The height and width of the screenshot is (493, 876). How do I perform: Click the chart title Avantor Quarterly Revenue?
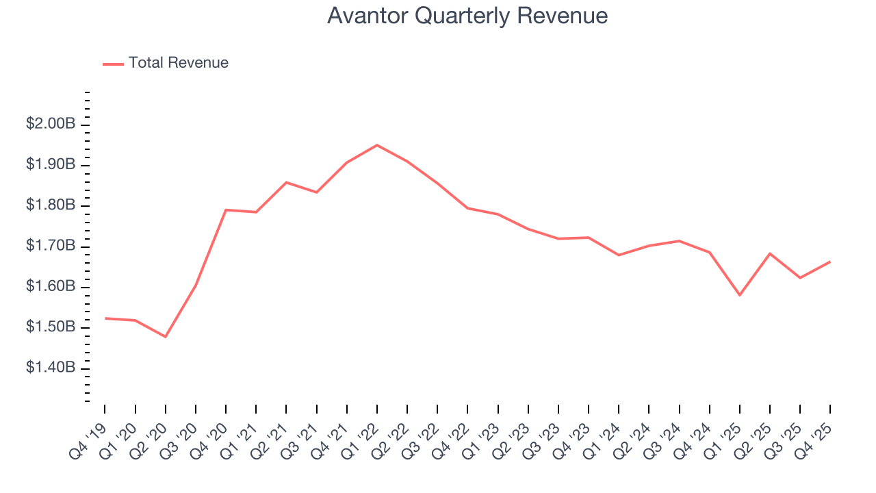click(x=467, y=16)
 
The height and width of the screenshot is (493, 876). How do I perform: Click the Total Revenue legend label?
click(x=178, y=63)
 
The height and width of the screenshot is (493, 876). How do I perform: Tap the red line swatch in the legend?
click(x=113, y=64)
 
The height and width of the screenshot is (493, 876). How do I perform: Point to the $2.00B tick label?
click(x=51, y=125)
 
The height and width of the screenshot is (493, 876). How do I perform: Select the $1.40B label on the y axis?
click(x=51, y=368)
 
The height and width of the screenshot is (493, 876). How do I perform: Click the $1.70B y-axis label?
click(x=51, y=246)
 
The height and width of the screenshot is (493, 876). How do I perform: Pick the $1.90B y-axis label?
click(x=51, y=165)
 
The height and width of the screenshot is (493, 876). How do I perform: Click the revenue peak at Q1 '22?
click(x=377, y=145)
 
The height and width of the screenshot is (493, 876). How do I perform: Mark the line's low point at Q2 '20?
click(x=166, y=337)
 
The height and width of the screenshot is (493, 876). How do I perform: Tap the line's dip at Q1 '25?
click(x=740, y=295)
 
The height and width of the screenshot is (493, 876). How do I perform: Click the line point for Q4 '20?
click(x=226, y=210)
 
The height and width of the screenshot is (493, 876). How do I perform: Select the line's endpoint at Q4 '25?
click(x=830, y=262)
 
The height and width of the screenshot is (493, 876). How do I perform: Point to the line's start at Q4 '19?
click(x=105, y=318)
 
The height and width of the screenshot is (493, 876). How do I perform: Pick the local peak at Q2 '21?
click(x=286, y=182)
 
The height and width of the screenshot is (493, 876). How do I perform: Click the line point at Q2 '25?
click(x=770, y=253)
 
